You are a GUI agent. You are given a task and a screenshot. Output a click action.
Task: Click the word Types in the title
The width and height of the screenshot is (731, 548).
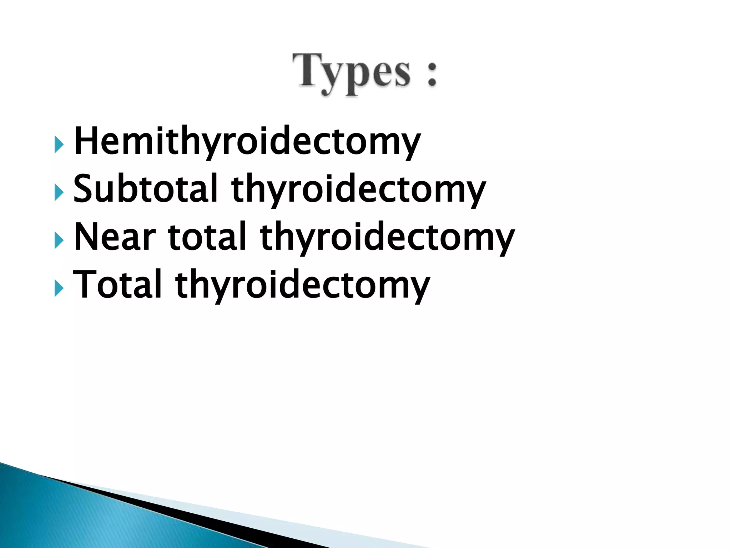pyautogui.click(x=352, y=73)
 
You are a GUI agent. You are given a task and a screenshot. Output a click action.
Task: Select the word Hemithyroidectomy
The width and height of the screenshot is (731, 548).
pyautogui.click(x=247, y=142)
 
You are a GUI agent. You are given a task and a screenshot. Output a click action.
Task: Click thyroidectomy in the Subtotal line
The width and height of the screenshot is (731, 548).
pyautogui.click(x=358, y=190)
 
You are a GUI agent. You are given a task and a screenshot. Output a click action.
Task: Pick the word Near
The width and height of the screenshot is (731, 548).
pyautogui.click(x=115, y=237)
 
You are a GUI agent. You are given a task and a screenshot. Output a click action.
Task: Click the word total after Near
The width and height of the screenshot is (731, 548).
pyautogui.click(x=207, y=236)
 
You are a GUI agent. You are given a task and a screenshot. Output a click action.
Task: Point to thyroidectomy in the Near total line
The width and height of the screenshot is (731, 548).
pyautogui.click(x=387, y=238)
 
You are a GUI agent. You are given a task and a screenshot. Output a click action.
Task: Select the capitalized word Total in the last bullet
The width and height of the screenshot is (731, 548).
pyautogui.click(x=118, y=284)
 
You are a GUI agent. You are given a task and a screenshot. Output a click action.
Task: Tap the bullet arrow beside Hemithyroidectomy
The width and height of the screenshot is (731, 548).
pyautogui.click(x=59, y=144)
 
